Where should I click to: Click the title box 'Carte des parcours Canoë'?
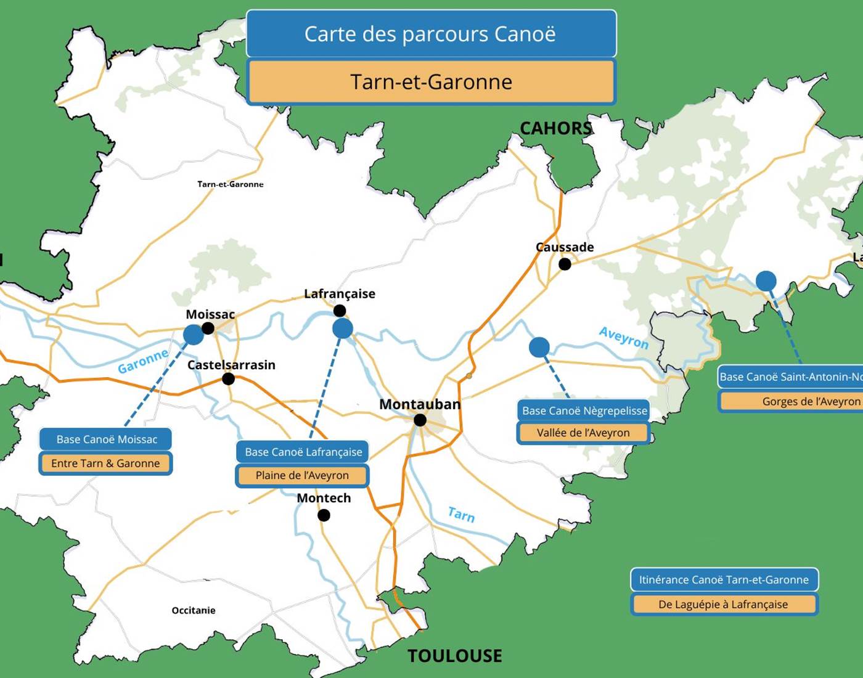tap(431, 34)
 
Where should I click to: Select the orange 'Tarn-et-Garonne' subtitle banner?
tap(431, 81)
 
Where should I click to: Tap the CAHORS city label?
tap(555, 128)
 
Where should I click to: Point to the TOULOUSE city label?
tap(455, 656)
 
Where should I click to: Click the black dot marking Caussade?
tap(565, 264)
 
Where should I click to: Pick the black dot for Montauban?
tap(420, 420)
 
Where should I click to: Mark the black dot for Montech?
tap(324, 515)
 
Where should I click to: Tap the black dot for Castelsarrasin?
tap(228, 378)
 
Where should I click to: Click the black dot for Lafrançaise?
tap(340, 311)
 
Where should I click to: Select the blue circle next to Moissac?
tap(194, 335)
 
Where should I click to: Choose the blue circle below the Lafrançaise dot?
tap(343, 329)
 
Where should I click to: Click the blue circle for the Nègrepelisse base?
tap(539, 347)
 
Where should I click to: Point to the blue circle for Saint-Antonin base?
tap(766, 281)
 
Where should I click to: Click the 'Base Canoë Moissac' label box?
tap(106, 439)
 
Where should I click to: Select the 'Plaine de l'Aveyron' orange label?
tap(302, 475)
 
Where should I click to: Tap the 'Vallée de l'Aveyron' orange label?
tap(583, 433)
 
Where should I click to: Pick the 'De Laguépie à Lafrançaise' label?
tap(723, 604)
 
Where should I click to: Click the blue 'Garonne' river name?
tap(143, 361)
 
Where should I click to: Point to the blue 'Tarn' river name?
tap(461, 514)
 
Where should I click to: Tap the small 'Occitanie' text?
tap(194, 610)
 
